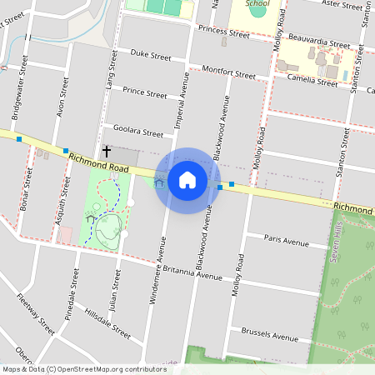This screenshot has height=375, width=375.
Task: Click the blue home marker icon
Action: pos(187,180)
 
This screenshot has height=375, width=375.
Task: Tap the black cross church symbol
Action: pos(107,151)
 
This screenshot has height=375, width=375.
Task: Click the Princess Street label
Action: pos(224,34)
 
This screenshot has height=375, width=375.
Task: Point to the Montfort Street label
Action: pos(228,72)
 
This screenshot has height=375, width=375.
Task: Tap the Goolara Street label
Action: pos(138,132)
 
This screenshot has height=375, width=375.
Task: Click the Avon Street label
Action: pos(60,98)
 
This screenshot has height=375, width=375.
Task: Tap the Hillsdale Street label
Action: pos(108,323)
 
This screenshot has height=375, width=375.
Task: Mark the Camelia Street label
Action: pos(312,80)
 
